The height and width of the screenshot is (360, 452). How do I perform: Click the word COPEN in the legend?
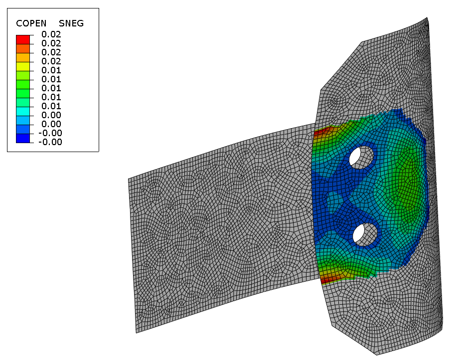pyautogui.click(x=31, y=23)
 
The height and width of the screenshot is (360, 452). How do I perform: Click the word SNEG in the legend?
pyautogui.click(x=71, y=23)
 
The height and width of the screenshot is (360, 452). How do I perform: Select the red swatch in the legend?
pyautogui.click(x=23, y=39)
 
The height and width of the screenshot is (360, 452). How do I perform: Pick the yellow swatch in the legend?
pyautogui.click(x=23, y=66)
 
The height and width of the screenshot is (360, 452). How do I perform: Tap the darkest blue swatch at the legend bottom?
pyautogui.click(x=23, y=138)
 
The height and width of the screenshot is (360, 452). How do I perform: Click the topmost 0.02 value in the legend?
pyautogui.click(x=51, y=34)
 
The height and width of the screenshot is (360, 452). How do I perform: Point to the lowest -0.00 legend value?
pyautogui.click(x=50, y=142)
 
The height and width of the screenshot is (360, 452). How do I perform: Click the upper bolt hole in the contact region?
pyautogui.click(x=361, y=157)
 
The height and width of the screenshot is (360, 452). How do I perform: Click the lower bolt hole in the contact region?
pyautogui.click(x=364, y=234)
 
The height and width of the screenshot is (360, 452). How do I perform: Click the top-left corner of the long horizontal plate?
pyautogui.click(x=129, y=179)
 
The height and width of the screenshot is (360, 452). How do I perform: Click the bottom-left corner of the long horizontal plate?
pyautogui.click(x=136, y=333)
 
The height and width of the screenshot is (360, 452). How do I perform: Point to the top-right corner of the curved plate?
pyautogui.click(x=428, y=18)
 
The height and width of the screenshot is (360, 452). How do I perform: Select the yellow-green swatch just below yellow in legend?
pyautogui.click(x=23, y=75)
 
